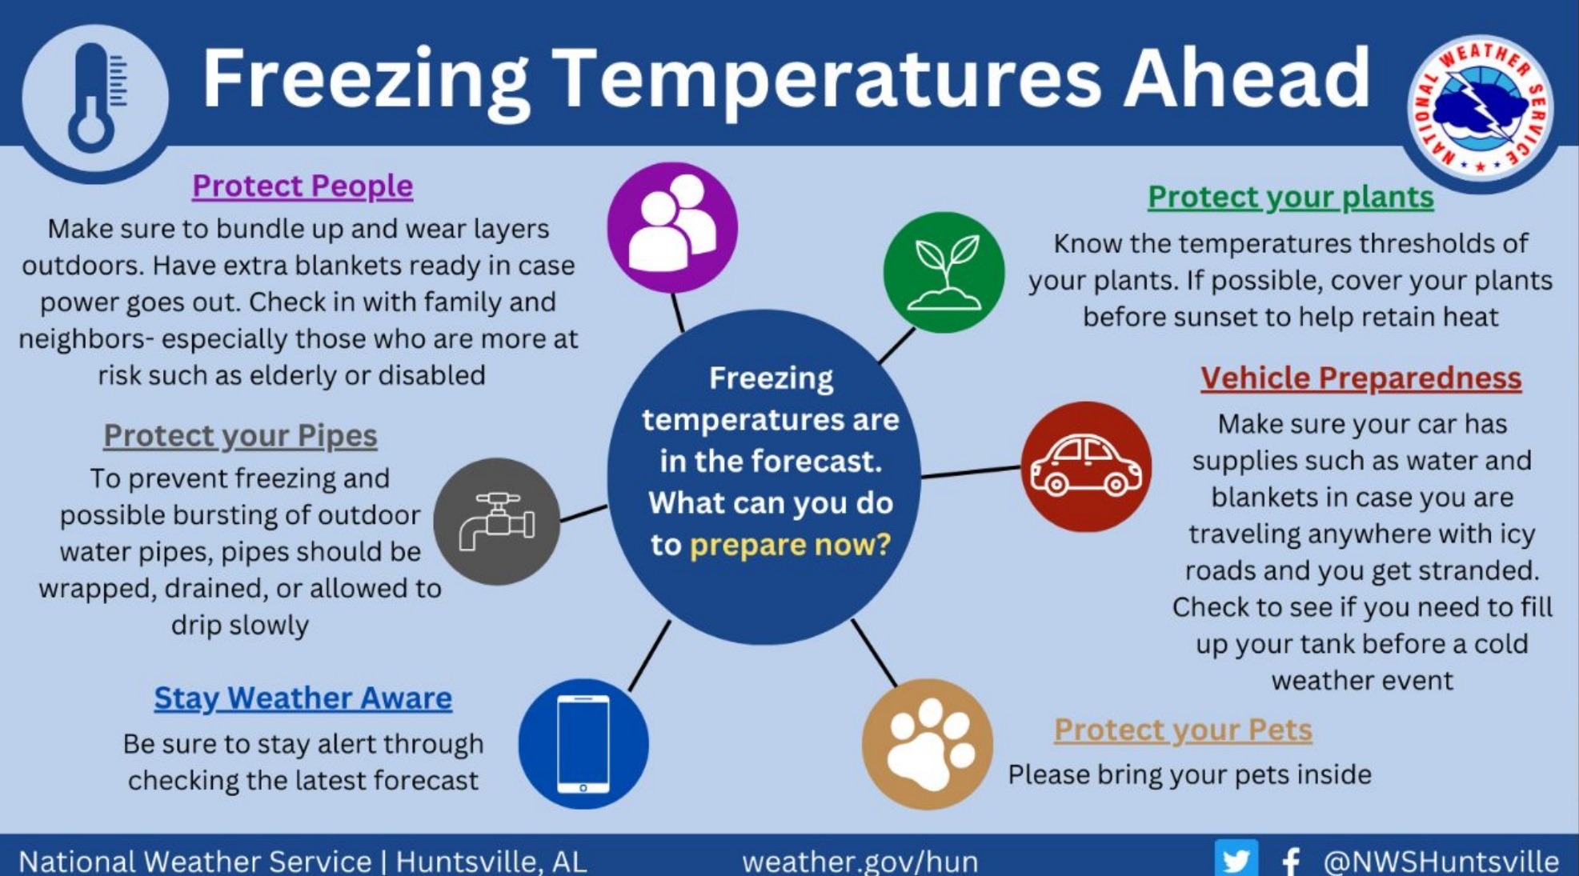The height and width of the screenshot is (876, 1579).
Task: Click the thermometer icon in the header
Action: pyautogui.click(x=95, y=97)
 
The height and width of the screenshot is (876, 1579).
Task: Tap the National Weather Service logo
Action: pyautogui.click(x=1480, y=109)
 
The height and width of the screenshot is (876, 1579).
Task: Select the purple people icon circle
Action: pyautogui.click(x=672, y=227)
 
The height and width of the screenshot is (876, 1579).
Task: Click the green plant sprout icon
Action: pyautogui.click(x=944, y=272)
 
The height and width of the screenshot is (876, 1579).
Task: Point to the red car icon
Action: pyautogui.click(x=1086, y=466)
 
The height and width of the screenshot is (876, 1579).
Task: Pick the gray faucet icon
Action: pyautogui.click(x=497, y=521)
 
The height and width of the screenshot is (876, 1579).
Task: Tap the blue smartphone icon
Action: pyautogui.click(x=583, y=743)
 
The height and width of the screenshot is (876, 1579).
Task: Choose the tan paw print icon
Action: pyautogui.click(x=928, y=744)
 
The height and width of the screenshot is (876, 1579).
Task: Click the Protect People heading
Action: pyautogui.click(x=303, y=186)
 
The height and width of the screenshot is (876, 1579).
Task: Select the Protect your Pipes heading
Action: pyautogui.click(x=240, y=436)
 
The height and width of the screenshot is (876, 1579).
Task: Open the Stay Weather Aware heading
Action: pyautogui.click(x=303, y=698)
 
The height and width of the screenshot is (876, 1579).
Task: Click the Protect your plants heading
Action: pyautogui.click(x=1290, y=197)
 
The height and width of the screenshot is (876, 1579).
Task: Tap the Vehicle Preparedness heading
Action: pyautogui.click(x=1361, y=378)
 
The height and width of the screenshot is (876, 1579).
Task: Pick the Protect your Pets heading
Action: pyautogui.click(x=1183, y=730)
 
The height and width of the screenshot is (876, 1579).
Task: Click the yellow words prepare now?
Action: pyautogui.click(x=790, y=545)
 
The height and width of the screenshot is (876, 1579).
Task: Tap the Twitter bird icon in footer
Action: pyautogui.click(x=1236, y=859)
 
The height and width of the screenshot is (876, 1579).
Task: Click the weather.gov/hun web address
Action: pyautogui.click(x=860, y=862)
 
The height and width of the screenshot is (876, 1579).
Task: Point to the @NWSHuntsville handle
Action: pyautogui.click(x=1441, y=862)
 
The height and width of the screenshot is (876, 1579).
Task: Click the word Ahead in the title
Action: pyautogui.click(x=1247, y=78)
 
